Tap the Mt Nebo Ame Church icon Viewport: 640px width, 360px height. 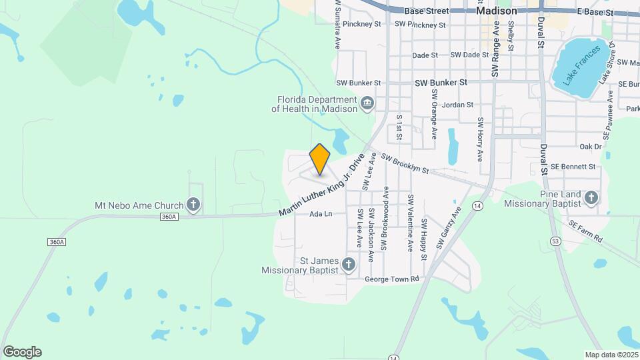tap(193, 204)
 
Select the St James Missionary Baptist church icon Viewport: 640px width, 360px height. tap(348, 265)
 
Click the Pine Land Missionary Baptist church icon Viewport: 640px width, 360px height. tap(591, 197)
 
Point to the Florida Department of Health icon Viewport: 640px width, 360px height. tap(367, 103)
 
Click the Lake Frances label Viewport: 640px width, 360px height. tap(576, 67)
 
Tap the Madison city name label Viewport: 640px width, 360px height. tap(497, 11)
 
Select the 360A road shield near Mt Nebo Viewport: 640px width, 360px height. tap(169, 217)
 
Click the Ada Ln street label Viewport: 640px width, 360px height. tap(321, 214)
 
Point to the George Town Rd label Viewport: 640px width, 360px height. tap(391, 279)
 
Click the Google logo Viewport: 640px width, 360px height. tap(22, 352)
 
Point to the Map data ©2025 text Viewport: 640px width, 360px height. tap(611, 355)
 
